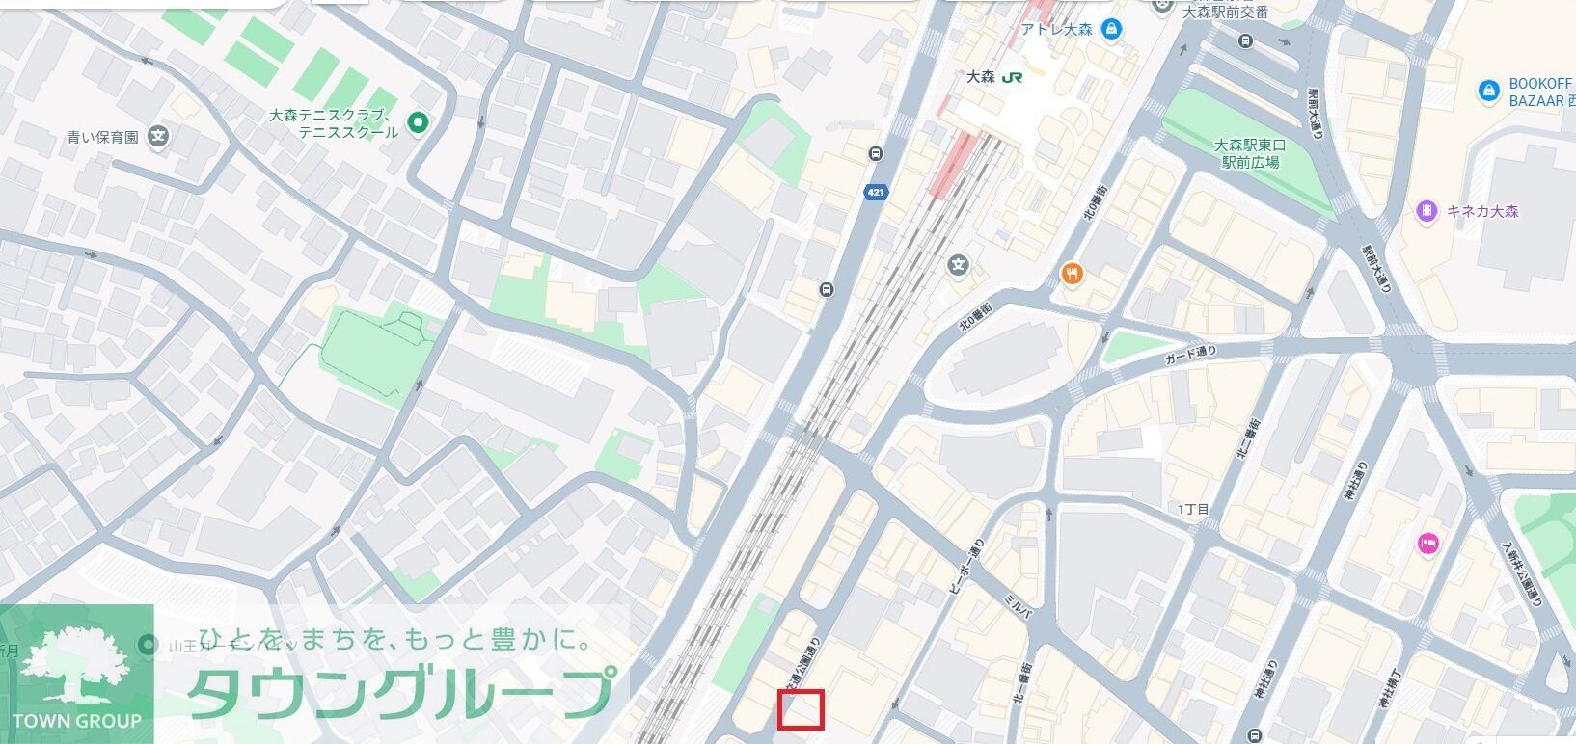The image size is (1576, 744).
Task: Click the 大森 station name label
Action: tap(980, 77)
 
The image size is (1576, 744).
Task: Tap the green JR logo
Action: tap(1012, 77)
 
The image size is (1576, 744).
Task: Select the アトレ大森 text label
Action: tap(1056, 29)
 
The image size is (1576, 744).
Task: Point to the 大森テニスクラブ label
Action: tap(334, 122)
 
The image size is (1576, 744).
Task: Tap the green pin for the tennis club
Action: tap(418, 121)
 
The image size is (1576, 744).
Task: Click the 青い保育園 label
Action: tap(102, 137)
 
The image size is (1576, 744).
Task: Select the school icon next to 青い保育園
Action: tap(159, 137)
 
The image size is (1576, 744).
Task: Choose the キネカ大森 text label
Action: tap(1482, 211)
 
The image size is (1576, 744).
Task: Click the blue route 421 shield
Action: tap(875, 192)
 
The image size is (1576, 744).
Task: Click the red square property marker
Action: tap(801, 710)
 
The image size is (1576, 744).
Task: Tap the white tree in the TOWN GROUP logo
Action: tap(76, 664)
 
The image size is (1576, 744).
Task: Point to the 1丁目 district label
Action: tap(1192, 508)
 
